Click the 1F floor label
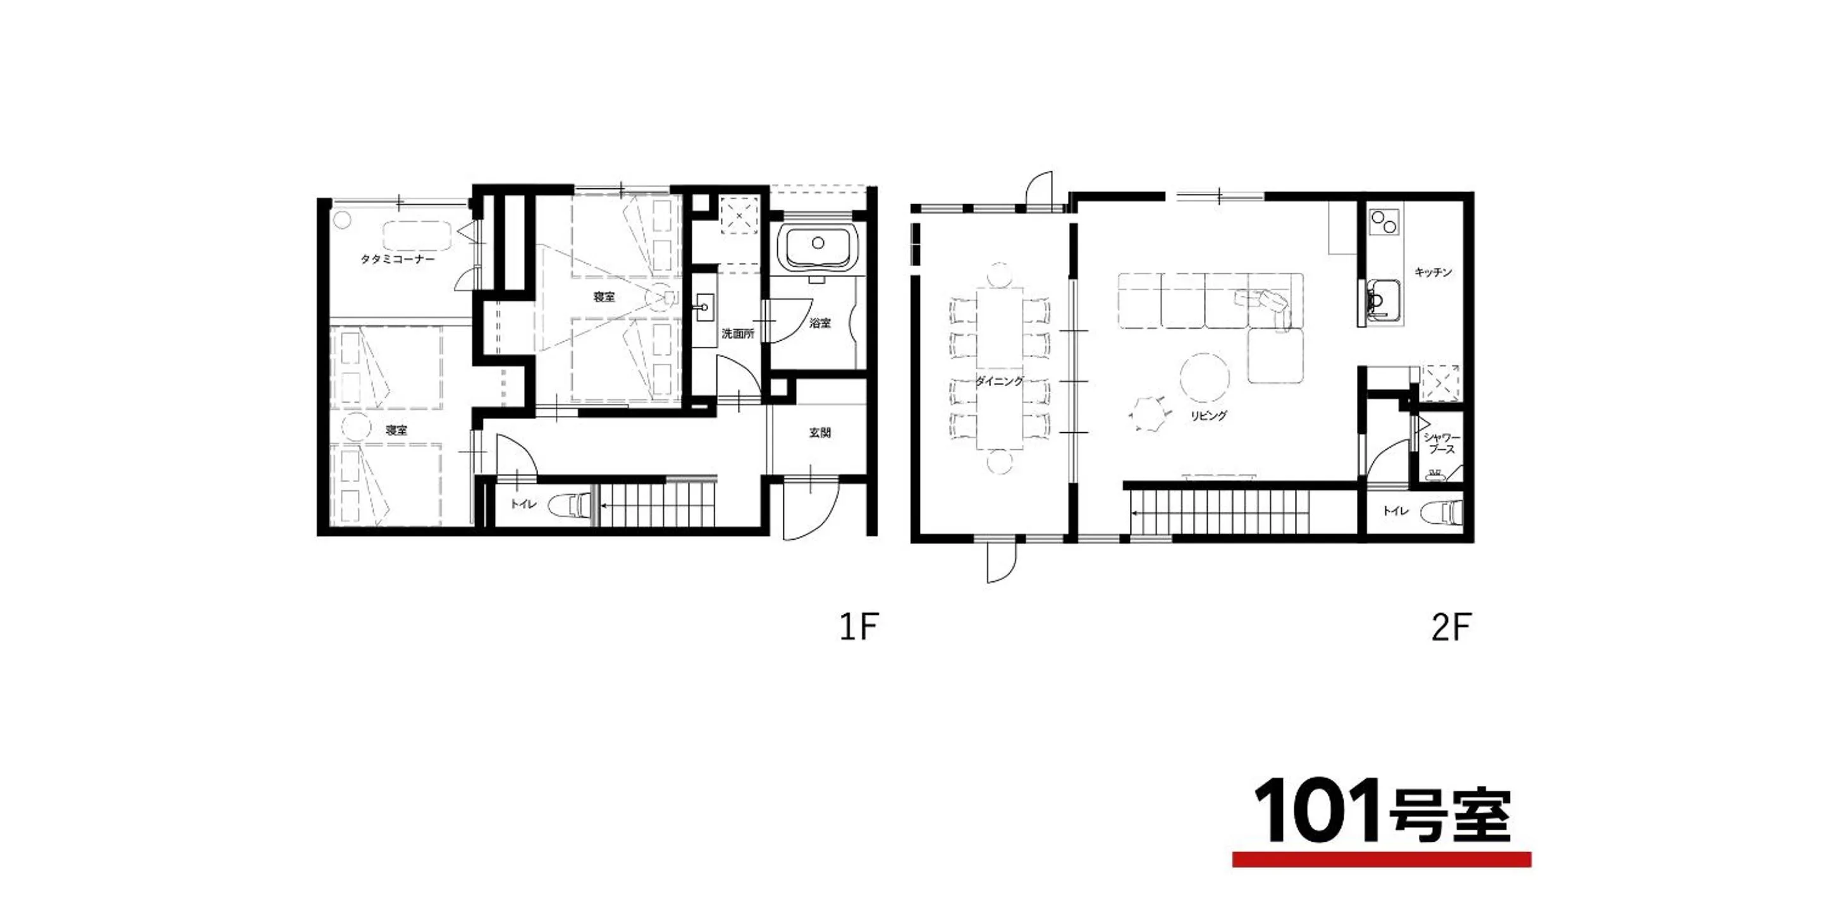[x=859, y=627]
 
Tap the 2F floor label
[x=1451, y=627]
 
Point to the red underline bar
[x=1382, y=860]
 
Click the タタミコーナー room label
[x=397, y=259]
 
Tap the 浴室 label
[x=820, y=323]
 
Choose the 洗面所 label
[x=737, y=334]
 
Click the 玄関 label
[x=820, y=432]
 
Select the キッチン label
[x=1433, y=272]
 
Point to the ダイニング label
[x=999, y=381]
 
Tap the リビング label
[x=1208, y=415]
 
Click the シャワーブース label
[x=1442, y=444]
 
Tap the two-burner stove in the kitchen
[x=1383, y=222]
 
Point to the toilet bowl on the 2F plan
[x=1442, y=511]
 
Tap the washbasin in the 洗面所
[x=704, y=307]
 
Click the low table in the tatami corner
[x=417, y=236]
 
